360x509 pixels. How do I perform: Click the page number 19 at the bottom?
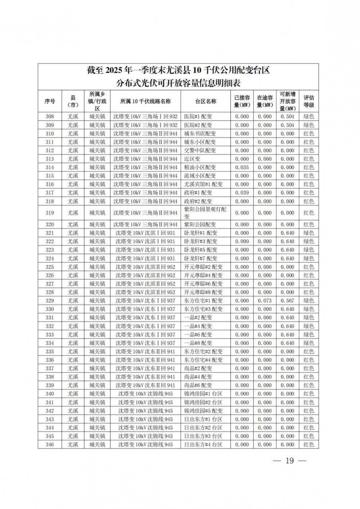coord(290,461)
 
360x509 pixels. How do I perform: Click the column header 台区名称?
coord(206,102)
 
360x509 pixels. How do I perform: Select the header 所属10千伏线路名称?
coord(145,102)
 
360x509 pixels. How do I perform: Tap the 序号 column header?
coord(50,102)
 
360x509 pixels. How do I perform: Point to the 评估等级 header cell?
coord(309,102)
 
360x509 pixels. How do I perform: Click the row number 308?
coord(50,117)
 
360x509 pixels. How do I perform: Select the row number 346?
coord(50,445)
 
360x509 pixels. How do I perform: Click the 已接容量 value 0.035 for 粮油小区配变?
coord(242,167)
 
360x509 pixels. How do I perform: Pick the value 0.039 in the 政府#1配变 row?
coord(242,193)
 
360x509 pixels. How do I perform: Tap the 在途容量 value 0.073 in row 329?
coord(265,301)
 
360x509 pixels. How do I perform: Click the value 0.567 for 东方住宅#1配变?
coord(288,301)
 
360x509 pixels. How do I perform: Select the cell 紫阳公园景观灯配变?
coord(205,213)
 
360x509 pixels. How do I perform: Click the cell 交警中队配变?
coord(200,150)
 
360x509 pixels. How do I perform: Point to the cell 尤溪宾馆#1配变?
coord(203,184)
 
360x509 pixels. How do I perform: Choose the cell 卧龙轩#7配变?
coord(201,258)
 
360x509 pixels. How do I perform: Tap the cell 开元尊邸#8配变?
coord(203,292)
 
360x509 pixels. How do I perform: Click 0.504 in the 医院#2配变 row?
coord(288,125)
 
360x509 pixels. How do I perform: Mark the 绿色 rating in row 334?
coord(309,343)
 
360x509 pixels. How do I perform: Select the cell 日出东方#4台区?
coord(203,445)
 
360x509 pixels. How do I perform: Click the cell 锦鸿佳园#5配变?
coord(203,411)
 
